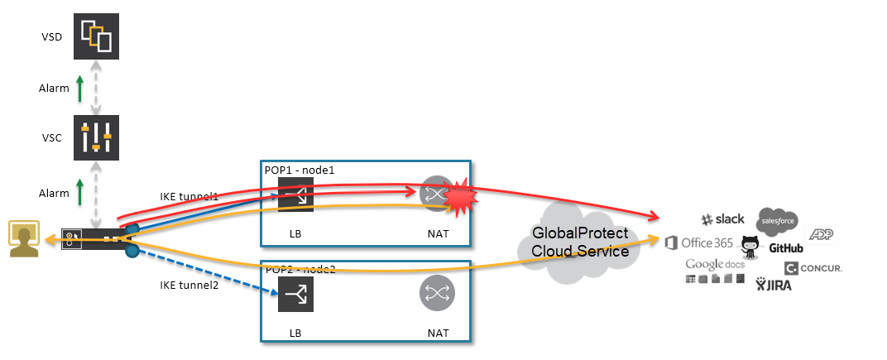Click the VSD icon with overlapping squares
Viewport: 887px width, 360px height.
[96, 36]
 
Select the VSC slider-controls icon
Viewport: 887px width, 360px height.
[96, 137]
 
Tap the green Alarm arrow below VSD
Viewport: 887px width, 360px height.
[80, 88]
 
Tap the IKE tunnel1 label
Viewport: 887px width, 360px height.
[189, 196]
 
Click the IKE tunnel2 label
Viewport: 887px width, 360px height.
[189, 285]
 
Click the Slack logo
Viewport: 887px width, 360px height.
[722, 219]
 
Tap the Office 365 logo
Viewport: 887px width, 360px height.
[699, 242]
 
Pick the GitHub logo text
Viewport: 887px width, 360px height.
[785, 247]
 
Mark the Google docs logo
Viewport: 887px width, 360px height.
[715, 264]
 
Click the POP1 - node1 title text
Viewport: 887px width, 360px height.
[300, 169]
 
